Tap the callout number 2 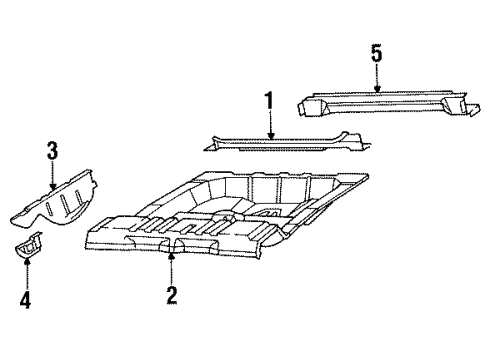pos(172,295)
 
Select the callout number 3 pos(52,151)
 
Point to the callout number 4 pos(25,299)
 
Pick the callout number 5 pos(376,54)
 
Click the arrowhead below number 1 pos(271,135)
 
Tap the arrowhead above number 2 pos(171,256)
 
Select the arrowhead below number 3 pos(52,188)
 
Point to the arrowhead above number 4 pos(27,260)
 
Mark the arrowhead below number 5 pos(377,88)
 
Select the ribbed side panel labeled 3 pos(53,200)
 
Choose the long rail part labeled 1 pos(287,142)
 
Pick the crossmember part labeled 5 pos(388,102)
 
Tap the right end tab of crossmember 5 pos(473,110)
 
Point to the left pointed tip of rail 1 pos(205,150)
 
